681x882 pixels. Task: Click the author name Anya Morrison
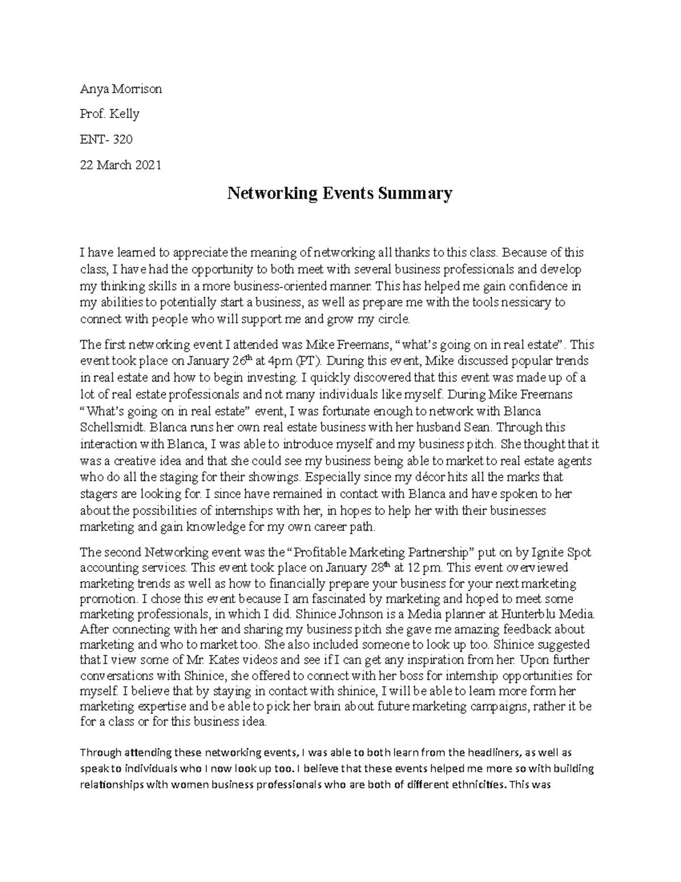pyautogui.click(x=121, y=89)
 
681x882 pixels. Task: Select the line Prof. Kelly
pyautogui.click(x=110, y=114)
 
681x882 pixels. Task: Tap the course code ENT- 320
pyautogui.click(x=106, y=140)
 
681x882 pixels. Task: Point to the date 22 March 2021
pyautogui.click(x=121, y=165)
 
